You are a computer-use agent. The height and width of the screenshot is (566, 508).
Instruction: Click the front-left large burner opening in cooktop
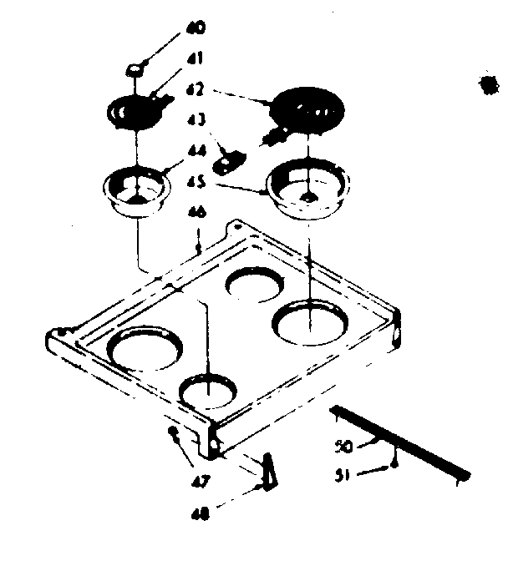(142, 347)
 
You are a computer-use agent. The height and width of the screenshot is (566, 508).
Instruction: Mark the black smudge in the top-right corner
(483, 86)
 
